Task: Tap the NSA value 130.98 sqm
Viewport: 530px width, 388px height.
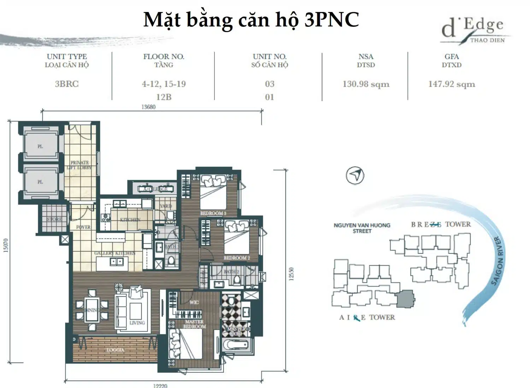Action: pyautogui.click(x=366, y=84)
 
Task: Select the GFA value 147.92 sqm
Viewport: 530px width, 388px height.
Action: pyautogui.click(x=452, y=84)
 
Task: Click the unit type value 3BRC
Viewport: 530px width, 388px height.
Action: pyautogui.click(x=67, y=84)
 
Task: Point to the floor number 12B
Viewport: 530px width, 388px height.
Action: pyautogui.click(x=164, y=97)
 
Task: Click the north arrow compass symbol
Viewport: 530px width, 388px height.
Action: pyautogui.click(x=355, y=175)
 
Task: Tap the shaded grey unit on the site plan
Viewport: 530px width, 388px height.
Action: pyautogui.click(x=405, y=299)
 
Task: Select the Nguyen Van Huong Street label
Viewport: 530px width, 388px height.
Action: pyautogui.click(x=362, y=228)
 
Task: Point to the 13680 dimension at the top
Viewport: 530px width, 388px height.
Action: pyautogui.click(x=148, y=107)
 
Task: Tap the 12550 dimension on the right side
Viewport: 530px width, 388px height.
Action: pyautogui.click(x=291, y=274)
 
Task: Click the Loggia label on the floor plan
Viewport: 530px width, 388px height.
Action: pyautogui.click(x=116, y=350)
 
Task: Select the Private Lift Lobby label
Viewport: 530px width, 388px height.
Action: pyautogui.click(x=79, y=165)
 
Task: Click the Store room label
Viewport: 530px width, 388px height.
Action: pyautogui.click(x=54, y=219)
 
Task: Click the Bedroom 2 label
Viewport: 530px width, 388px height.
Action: pyautogui.click(x=236, y=258)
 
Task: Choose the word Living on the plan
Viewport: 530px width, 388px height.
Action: pyautogui.click(x=137, y=323)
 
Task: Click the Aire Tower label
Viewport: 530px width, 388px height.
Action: pyautogui.click(x=367, y=317)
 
